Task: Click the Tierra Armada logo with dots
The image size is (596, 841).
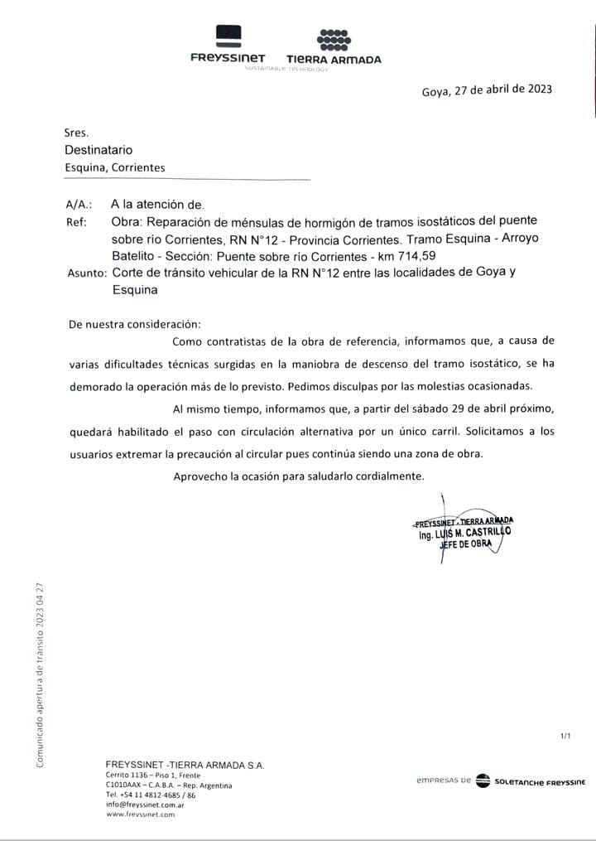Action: (334, 46)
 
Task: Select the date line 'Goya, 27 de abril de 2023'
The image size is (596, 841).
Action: (486, 90)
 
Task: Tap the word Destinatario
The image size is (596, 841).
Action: (99, 150)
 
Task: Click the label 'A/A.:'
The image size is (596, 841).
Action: (79, 204)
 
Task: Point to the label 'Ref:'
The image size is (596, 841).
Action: (75, 222)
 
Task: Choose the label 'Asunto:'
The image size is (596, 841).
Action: (85, 273)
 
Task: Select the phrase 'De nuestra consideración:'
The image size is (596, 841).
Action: (135, 324)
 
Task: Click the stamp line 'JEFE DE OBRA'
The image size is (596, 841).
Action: (470, 544)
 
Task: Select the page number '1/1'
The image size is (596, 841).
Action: (566, 736)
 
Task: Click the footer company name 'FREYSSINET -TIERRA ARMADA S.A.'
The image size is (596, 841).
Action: (185, 765)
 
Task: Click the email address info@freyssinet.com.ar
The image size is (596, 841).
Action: (145, 805)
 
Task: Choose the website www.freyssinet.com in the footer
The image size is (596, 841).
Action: (140, 814)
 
